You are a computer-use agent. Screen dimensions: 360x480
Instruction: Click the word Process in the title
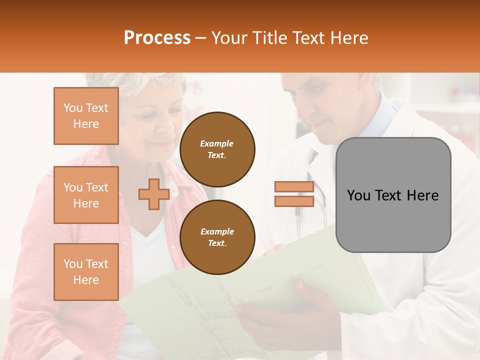tap(157, 38)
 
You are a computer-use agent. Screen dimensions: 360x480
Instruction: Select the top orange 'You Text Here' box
tap(86, 116)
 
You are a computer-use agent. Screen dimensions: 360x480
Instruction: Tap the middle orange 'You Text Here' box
tap(86, 195)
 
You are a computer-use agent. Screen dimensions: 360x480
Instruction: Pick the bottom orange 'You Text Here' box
tap(86, 271)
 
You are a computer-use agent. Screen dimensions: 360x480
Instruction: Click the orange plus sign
tap(153, 194)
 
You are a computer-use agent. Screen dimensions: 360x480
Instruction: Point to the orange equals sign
tap(294, 194)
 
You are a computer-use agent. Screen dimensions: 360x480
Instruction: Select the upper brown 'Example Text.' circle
tap(217, 149)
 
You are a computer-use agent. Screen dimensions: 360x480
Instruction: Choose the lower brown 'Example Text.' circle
tap(217, 237)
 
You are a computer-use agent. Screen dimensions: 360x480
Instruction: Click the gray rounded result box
tap(393, 195)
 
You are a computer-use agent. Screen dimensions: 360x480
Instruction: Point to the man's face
tap(315, 107)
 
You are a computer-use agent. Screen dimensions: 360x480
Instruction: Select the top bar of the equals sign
tap(294, 187)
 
